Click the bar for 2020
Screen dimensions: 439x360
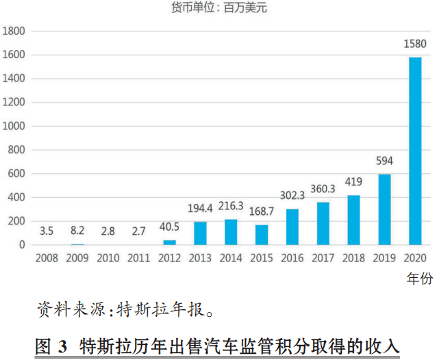[415, 151]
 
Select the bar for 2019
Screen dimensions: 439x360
[384, 210]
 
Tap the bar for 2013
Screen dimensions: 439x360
[200, 233]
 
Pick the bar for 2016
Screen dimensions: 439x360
[292, 227]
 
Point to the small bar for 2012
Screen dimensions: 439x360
[170, 242]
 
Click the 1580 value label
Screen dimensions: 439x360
[415, 44]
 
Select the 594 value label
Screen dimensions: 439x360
[384, 161]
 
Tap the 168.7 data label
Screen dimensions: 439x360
[262, 211]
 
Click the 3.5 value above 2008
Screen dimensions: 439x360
[47, 231]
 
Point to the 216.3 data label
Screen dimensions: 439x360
[231, 206]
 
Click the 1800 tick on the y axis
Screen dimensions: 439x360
[14, 31]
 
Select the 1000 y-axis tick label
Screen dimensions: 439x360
[14, 126]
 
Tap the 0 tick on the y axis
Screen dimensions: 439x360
[22, 245]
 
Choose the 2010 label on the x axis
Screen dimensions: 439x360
[108, 258]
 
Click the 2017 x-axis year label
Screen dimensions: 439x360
[323, 258]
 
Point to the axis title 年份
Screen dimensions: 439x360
[420, 279]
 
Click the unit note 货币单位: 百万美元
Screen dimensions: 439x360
[219, 8]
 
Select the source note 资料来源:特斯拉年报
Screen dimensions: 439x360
[125, 309]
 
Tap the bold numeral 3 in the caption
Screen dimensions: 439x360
[63, 346]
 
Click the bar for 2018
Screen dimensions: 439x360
[353, 220]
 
